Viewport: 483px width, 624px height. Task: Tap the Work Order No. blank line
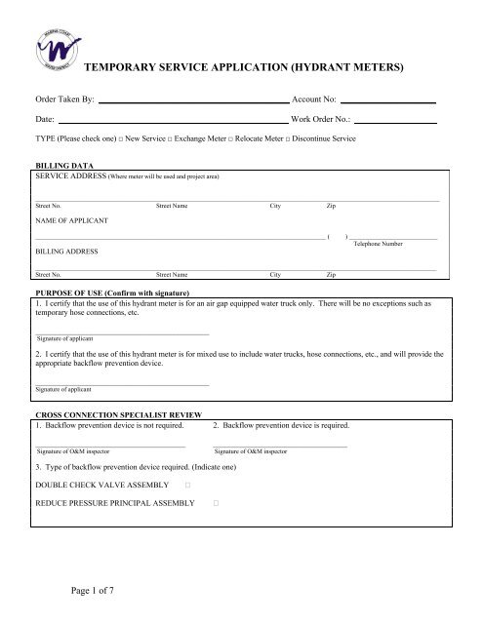coord(395,119)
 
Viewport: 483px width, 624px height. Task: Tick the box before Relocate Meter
coord(245,140)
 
